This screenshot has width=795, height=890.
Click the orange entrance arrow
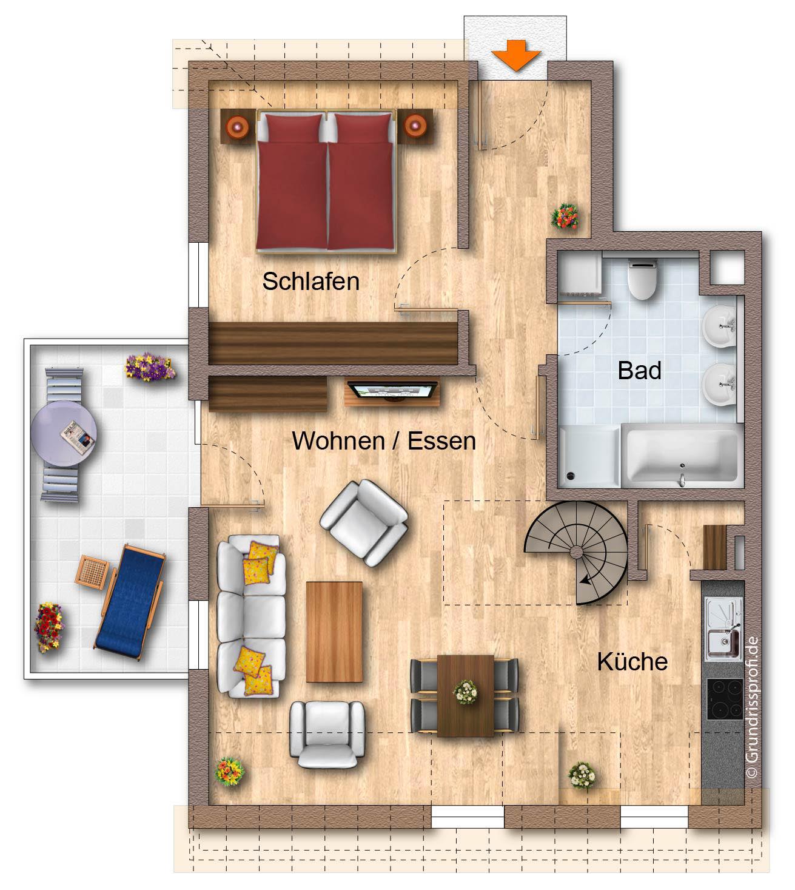click(x=516, y=55)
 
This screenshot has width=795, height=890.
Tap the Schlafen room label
click(x=311, y=281)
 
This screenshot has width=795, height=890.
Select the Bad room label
click(x=640, y=370)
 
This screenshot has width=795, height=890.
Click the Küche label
click(x=632, y=661)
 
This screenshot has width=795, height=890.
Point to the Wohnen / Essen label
click(x=384, y=440)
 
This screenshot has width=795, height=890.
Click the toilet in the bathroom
click(x=643, y=279)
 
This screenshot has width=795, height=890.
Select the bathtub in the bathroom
click(x=682, y=456)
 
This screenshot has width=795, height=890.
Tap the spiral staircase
click(x=576, y=553)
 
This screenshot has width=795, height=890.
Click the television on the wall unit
click(x=392, y=391)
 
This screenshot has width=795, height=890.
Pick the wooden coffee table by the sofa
click(x=334, y=632)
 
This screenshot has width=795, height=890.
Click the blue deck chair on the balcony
click(x=130, y=602)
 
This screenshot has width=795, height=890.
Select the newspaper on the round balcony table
click(x=78, y=437)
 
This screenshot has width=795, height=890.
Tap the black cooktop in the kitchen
click(x=725, y=699)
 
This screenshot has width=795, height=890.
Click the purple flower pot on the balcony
click(x=150, y=366)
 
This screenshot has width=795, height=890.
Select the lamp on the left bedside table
click(x=238, y=127)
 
